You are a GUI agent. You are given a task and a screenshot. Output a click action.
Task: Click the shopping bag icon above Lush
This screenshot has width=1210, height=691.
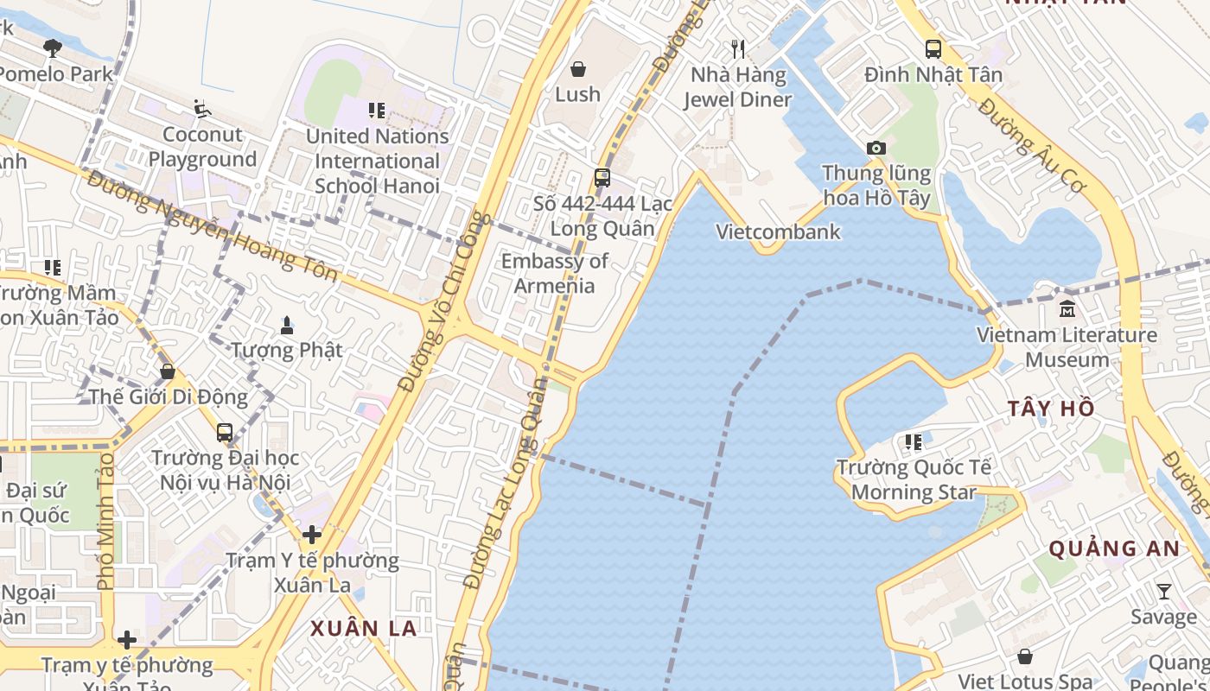tap(577, 68)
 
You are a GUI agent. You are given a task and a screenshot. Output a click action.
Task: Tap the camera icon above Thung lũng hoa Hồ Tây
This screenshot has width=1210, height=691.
tap(876, 149)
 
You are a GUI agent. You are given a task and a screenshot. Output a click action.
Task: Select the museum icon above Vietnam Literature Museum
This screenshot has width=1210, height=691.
tap(1067, 308)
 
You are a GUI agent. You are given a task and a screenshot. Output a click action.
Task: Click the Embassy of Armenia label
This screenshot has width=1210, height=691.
tap(554, 273)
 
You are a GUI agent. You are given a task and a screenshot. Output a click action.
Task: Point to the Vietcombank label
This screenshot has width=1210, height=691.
tap(778, 231)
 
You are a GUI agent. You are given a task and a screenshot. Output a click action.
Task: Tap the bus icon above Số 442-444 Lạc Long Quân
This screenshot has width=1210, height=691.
tap(602, 179)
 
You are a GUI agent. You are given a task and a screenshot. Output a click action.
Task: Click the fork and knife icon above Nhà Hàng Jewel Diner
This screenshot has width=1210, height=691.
tap(737, 49)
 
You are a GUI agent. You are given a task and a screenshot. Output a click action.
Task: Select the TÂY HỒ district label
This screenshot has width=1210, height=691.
tap(1051, 409)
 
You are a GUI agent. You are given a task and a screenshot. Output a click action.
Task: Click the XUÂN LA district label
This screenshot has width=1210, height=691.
tap(364, 628)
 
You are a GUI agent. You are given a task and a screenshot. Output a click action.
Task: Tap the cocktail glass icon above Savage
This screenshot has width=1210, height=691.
tap(1164, 592)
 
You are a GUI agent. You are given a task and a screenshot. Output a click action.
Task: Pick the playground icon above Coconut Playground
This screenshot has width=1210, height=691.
tap(202, 109)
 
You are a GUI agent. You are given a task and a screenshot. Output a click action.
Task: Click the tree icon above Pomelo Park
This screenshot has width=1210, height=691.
tap(53, 48)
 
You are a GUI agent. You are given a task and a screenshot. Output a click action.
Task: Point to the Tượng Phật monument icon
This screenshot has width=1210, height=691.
tap(287, 326)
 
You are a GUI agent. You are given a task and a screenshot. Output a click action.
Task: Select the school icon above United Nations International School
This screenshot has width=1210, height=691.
tap(377, 111)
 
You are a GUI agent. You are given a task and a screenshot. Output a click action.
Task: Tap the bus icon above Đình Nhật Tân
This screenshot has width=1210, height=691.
tap(933, 49)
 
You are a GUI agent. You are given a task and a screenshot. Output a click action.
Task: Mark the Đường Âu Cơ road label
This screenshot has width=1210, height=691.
tap(1032, 146)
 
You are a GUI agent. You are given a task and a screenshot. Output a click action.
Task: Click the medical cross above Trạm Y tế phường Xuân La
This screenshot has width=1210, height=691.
tap(312, 536)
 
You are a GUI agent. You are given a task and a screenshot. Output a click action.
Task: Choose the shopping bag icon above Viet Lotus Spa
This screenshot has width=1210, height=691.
tap(1024, 657)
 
